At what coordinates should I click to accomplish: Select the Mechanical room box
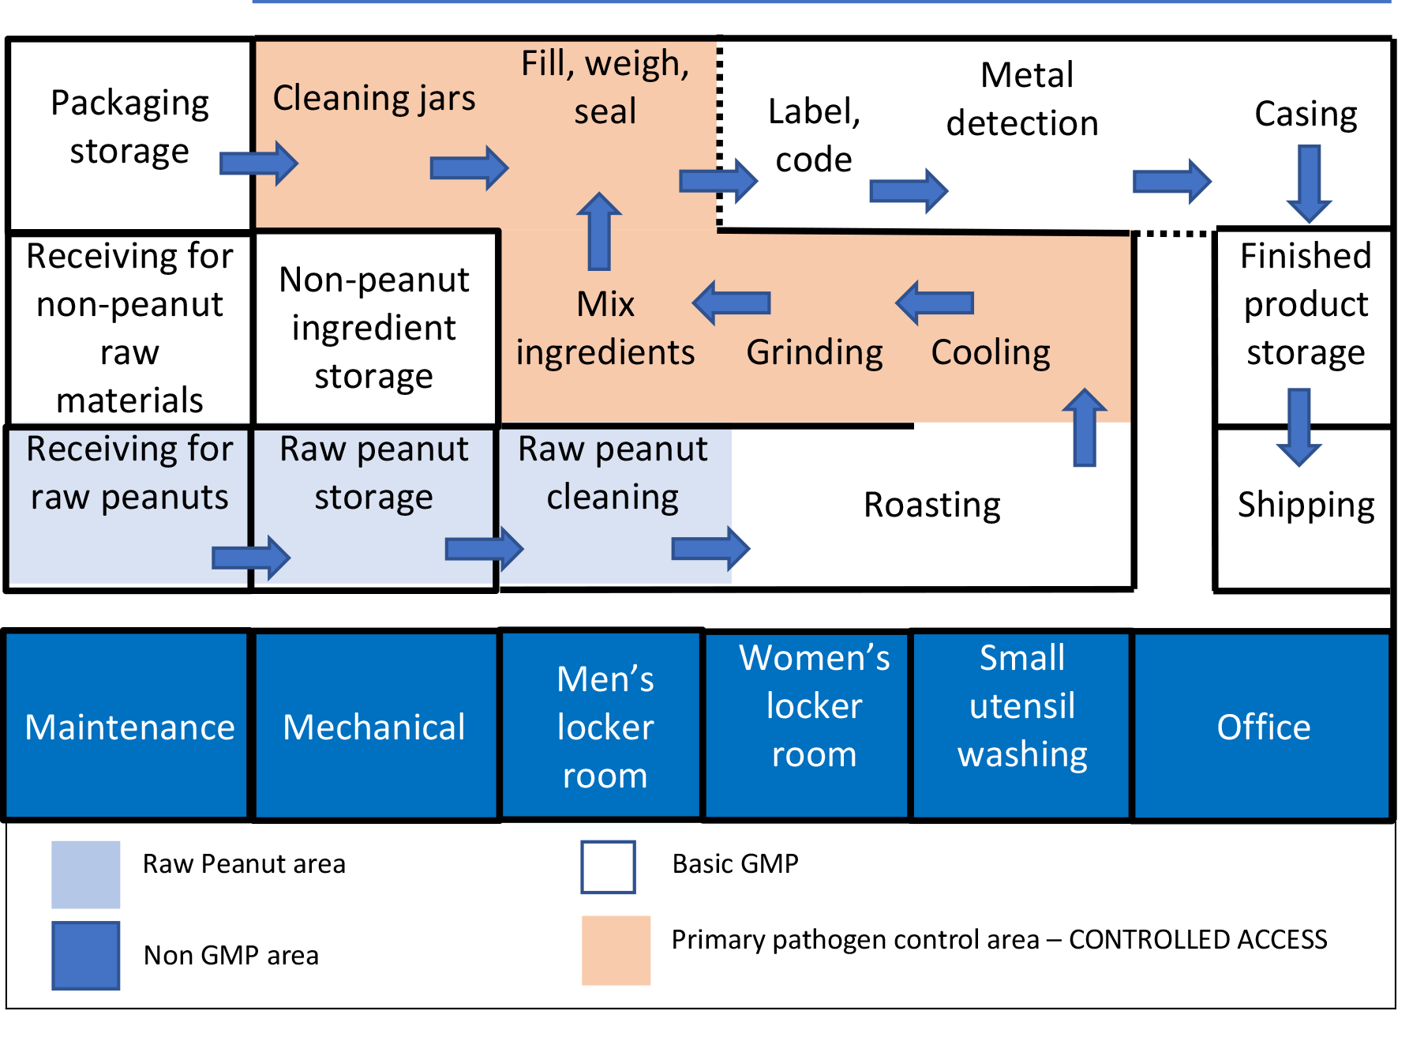[x=376, y=725]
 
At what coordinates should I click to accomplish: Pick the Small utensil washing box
[x=1021, y=725]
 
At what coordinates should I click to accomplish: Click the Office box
[x=1261, y=725]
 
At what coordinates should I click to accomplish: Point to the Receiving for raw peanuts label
[x=129, y=473]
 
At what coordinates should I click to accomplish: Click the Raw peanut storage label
[x=373, y=473]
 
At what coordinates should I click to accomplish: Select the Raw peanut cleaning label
[x=613, y=473]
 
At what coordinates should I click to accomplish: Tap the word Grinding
[x=815, y=352]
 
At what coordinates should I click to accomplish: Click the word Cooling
[x=991, y=352]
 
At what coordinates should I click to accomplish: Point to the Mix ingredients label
[x=605, y=329]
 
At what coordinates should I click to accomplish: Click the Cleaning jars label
[x=374, y=99]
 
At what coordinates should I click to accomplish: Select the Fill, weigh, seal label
[x=605, y=87]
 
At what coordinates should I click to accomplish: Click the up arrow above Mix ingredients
[x=599, y=231]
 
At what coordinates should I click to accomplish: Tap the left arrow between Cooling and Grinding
[x=935, y=303]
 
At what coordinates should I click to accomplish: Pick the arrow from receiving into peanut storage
[x=251, y=558]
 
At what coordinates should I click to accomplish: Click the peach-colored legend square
[x=616, y=950]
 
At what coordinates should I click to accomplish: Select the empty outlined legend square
[x=608, y=867]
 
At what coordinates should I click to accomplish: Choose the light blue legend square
[x=86, y=874]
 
